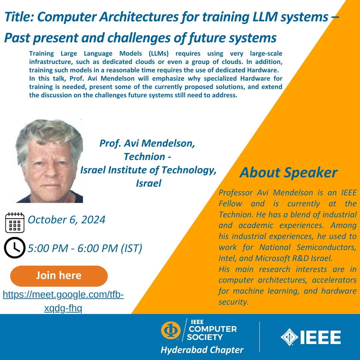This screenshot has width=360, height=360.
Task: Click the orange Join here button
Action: [x=59, y=276]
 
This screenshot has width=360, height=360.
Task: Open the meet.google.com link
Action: [x=63, y=301]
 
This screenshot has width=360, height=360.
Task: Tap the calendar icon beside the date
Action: [x=15, y=222]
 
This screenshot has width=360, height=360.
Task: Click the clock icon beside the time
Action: [x=15, y=248]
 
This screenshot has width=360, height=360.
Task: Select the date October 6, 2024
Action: [x=67, y=220]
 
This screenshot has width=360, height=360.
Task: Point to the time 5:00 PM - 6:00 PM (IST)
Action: [x=85, y=248]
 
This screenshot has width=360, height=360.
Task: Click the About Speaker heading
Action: [x=288, y=172]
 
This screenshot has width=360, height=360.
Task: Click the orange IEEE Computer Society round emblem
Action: [x=171, y=330]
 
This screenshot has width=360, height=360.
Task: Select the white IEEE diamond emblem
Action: [x=290, y=337]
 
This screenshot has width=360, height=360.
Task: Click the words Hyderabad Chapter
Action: [x=202, y=350]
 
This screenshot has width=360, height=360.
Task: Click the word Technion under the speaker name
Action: [x=144, y=157]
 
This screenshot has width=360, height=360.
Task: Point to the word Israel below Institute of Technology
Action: [x=149, y=183]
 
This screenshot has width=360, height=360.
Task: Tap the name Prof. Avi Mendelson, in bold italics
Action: [x=147, y=143]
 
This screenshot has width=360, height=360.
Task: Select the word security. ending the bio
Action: [x=234, y=302]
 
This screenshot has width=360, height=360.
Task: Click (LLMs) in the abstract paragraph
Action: [x=159, y=53]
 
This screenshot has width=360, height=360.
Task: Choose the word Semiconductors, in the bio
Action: [x=326, y=247]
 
